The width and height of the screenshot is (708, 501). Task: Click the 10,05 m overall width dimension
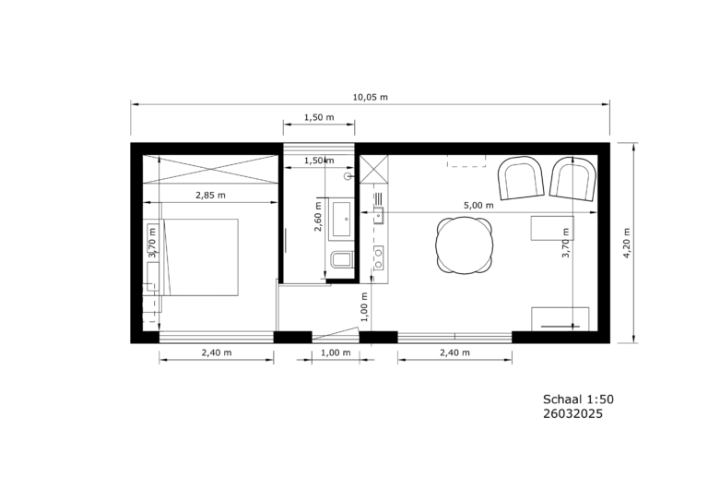coord(370,96)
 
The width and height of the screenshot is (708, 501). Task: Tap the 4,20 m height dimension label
coord(626,244)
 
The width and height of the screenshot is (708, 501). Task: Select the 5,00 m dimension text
coord(479,206)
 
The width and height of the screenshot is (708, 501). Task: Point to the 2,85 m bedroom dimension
coord(211,195)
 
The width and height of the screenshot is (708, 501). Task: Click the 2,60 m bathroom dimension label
coord(316,225)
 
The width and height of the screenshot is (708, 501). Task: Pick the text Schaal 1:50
coord(578,400)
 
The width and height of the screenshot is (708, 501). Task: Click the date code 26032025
coord(572,414)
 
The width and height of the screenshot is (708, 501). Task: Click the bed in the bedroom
coord(198,256)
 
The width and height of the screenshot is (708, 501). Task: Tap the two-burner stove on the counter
coord(378,256)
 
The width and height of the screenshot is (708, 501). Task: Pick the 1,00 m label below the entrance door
coord(335,352)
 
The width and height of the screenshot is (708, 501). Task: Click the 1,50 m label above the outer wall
coord(319,118)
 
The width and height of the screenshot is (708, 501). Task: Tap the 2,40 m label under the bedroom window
coord(216,352)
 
